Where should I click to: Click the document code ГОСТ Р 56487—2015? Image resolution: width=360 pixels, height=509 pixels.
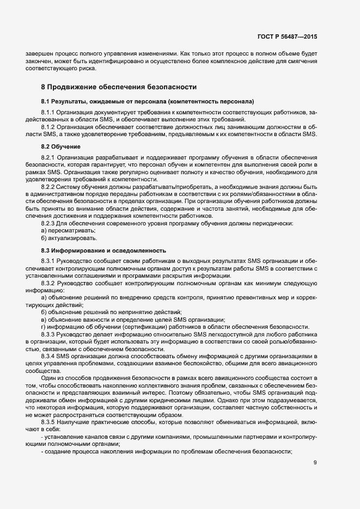(x=286, y=36)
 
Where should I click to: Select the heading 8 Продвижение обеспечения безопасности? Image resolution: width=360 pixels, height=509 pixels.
(x=119, y=87)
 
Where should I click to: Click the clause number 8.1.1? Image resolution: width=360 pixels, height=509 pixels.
(x=48, y=111)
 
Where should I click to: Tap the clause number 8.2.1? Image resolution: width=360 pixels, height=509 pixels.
(x=48, y=157)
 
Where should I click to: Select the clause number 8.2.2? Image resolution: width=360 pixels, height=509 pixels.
(x=48, y=187)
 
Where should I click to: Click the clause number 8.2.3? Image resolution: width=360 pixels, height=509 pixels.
(x=48, y=224)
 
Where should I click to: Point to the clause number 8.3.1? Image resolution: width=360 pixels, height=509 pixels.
(x=48, y=261)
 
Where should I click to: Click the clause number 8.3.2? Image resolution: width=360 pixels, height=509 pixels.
(x=48, y=283)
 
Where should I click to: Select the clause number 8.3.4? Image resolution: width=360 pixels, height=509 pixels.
(x=48, y=357)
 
